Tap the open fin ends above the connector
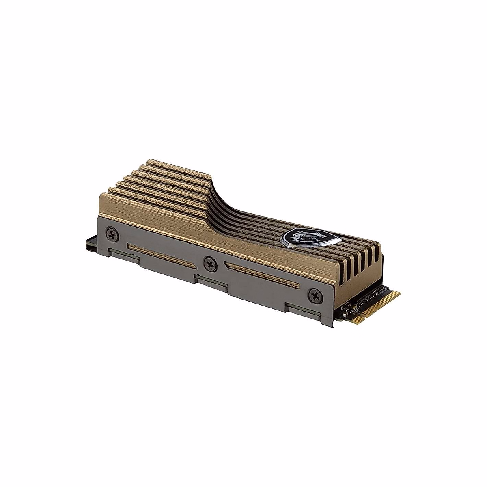(357, 260)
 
